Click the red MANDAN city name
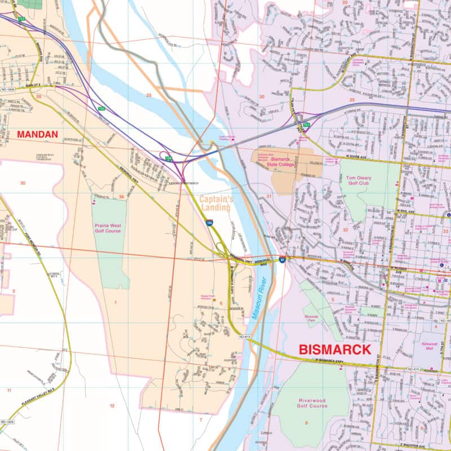point(37,135)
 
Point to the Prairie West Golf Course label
point(108,228)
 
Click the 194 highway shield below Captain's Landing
point(209,224)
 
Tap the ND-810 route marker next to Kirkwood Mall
point(414,369)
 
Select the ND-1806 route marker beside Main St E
point(8,89)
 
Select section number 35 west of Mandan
point(23,183)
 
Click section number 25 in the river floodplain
point(149,95)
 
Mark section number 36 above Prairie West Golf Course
point(121,197)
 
